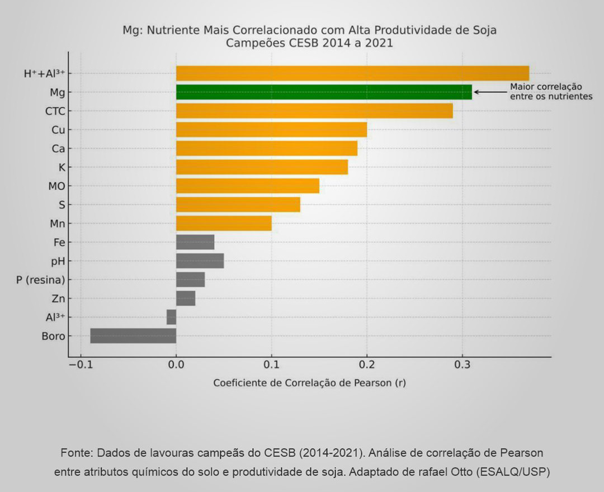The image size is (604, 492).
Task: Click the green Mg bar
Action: click(324, 92)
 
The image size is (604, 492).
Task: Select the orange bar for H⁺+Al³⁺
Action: click(352, 73)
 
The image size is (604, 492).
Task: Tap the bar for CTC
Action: click(314, 111)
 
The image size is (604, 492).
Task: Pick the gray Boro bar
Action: click(133, 335)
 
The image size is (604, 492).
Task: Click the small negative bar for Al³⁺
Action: click(171, 317)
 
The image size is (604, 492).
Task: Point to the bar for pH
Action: click(200, 261)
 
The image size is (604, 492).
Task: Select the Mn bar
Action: click(224, 223)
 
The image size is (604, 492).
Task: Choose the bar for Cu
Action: click(271, 130)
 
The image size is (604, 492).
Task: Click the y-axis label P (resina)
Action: click(41, 280)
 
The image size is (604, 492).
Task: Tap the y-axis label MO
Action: click(56, 186)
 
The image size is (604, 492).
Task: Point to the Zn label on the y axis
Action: click(58, 299)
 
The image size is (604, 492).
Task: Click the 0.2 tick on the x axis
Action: click(366, 366)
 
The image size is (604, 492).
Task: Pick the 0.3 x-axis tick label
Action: click(461, 366)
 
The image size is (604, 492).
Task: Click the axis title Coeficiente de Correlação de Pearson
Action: click(309, 384)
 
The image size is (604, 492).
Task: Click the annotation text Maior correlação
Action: click(546, 87)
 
